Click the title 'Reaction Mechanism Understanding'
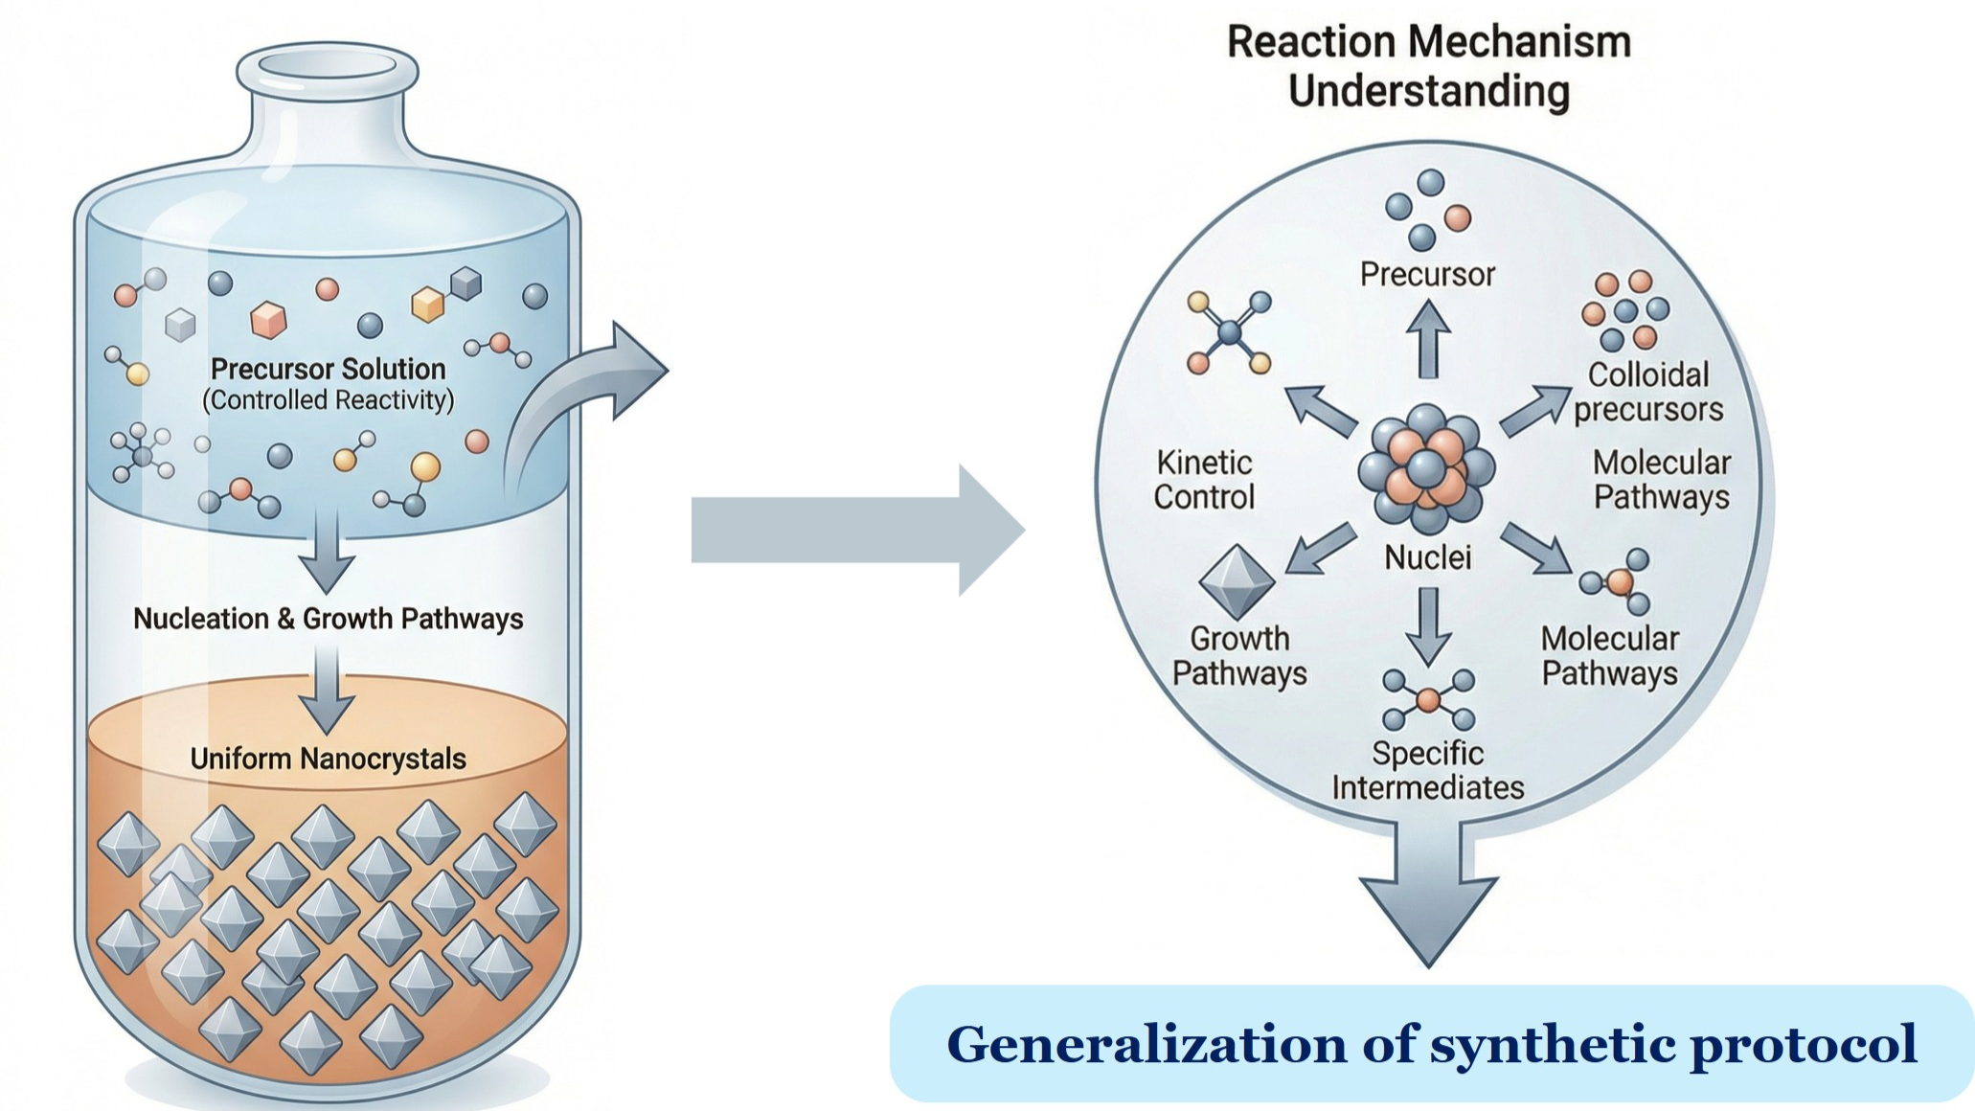pyautogui.click(x=1428, y=67)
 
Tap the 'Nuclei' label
pyautogui.click(x=1427, y=557)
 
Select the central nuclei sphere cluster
pyautogui.click(x=1426, y=468)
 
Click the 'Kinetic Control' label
pyautogui.click(x=1204, y=480)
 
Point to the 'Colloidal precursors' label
pyautogui.click(x=1647, y=392)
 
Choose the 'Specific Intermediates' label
pyautogui.click(x=1427, y=770)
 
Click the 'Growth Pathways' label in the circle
pyautogui.click(x=1239, y=655)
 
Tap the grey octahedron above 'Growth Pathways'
pyautogui.click(x=1237, y=581)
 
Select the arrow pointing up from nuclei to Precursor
pyautogui.click(x=1428, y=340)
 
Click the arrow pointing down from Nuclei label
pyautogui.click(x=1428, y=625)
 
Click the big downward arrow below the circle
pyautogui.click(x=1428, y=896)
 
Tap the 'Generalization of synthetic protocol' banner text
pyautogui.click(x=1431, y=1044)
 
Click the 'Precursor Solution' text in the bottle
pyautogui.click(x=328, y=369)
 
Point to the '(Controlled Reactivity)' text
pyautogui.click(x=328, y=399)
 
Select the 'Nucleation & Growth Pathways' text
pyautogui.click(x=328, y=619)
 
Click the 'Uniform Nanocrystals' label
pyautogui.click(x=328, y=759)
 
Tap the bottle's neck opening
pyautogui.click(x=328, y=65)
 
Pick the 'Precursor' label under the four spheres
pyautogui.click(x=1427, y=275)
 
